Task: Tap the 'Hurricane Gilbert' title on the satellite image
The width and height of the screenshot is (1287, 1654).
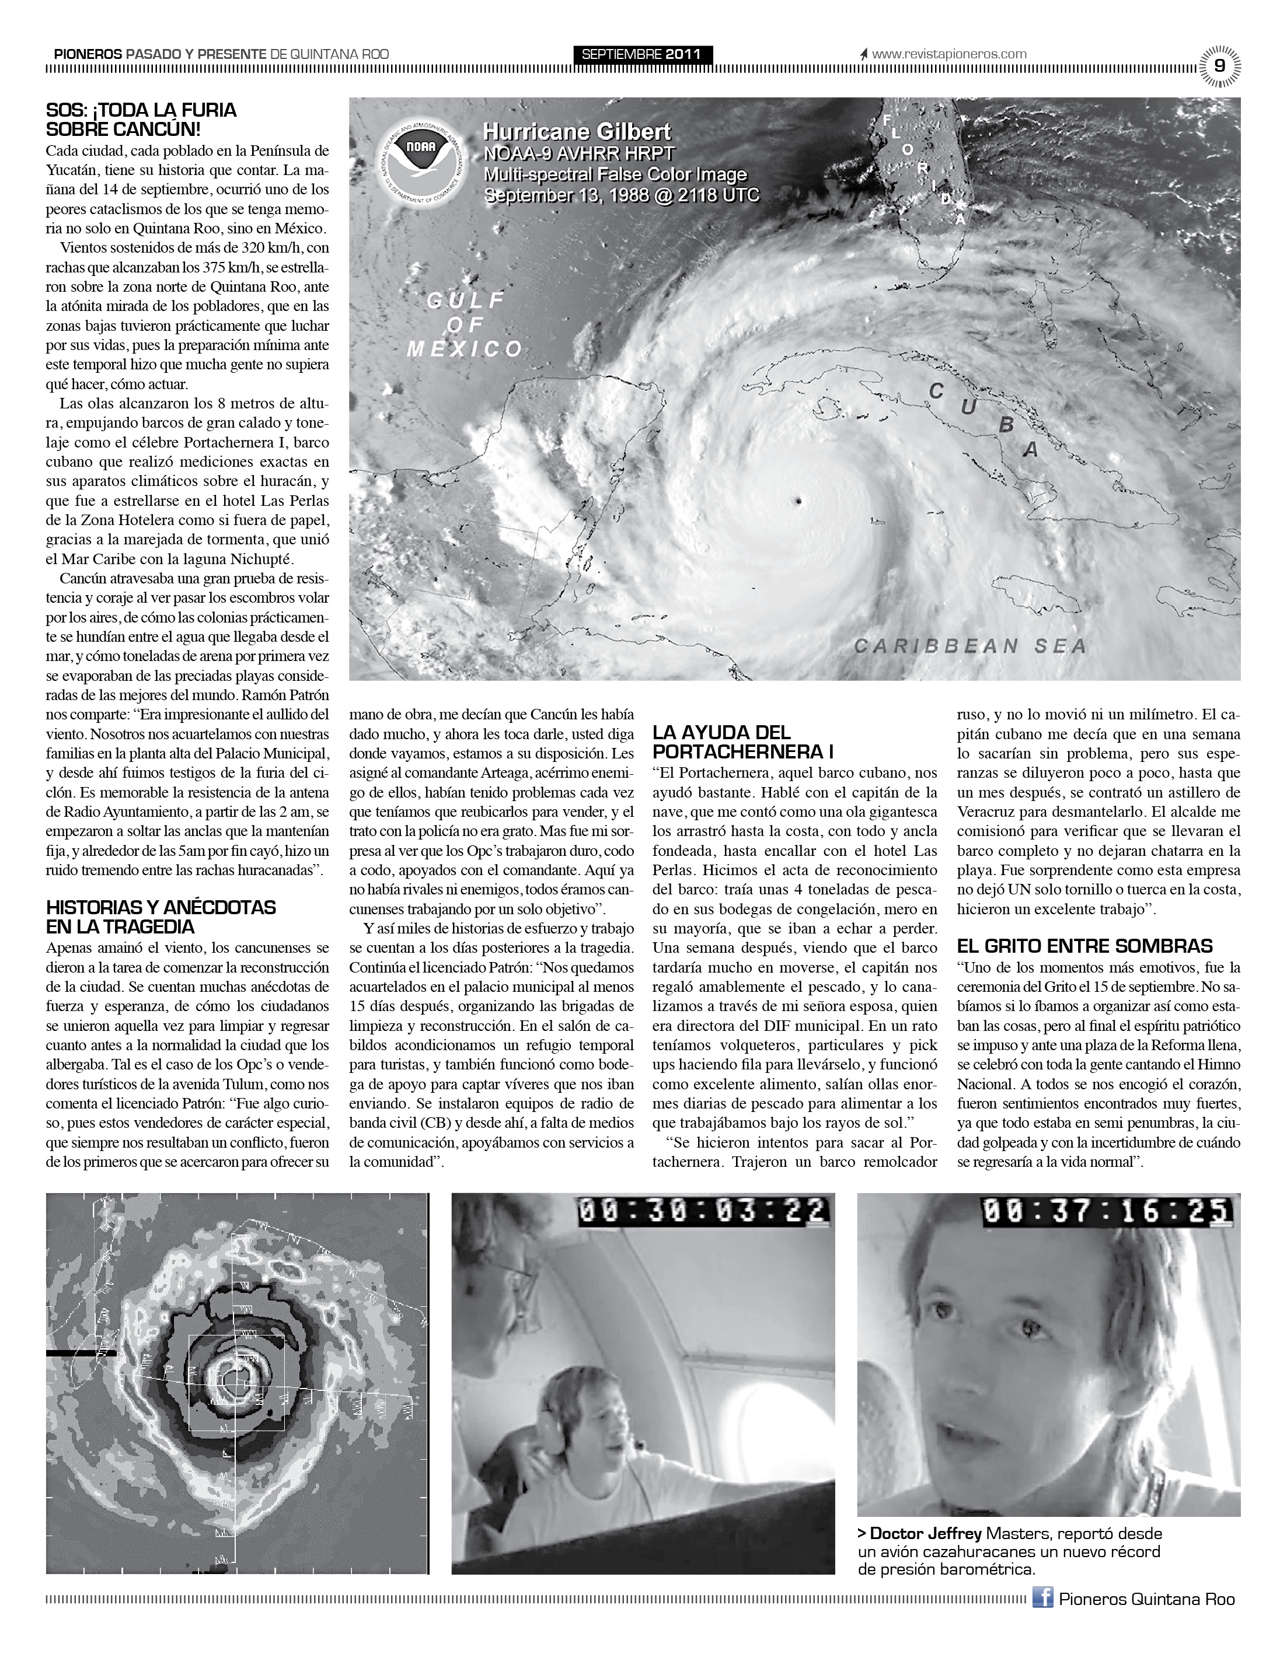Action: (x=577, y=132)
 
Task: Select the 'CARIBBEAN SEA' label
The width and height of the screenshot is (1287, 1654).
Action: (x=971, y=646)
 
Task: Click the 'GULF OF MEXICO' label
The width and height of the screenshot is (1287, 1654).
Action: (x=465, y=325)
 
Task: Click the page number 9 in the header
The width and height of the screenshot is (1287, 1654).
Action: (x=1219, y=66)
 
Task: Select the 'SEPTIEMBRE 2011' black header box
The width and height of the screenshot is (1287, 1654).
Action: (x=641, y=54)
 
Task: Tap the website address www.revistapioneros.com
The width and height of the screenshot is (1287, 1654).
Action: (x=948, y=54)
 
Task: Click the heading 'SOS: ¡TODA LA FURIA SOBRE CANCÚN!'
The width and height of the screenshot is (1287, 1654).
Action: (x=142, y=120)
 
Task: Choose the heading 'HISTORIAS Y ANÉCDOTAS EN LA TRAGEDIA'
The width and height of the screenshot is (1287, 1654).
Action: (x=161, y=917)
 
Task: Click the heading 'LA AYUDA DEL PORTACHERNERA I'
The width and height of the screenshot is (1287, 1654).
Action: (x=743, y=742)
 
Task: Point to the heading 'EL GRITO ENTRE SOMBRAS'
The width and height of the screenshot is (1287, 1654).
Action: (x=1084, y=946)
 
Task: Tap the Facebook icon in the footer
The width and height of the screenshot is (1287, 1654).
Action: (x=1042, y=1599)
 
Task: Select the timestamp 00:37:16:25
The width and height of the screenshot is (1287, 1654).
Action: (x=1106, y=1210)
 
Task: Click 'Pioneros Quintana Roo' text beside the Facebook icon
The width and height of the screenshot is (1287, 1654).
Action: (x=1146, y=1599)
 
